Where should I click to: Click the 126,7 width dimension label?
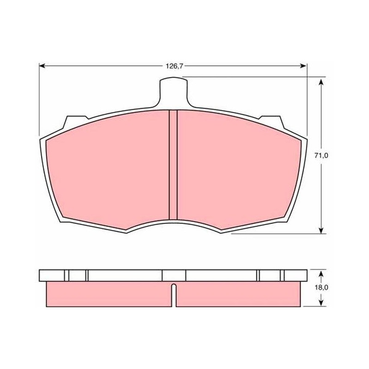point(174,66)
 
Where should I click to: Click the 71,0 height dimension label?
point(321,155)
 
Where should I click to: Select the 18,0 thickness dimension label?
point(321,287)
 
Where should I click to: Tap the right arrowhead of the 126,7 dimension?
point(304,66)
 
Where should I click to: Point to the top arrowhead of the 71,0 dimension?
point(321,82)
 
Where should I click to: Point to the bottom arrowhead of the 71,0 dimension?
point(321,230)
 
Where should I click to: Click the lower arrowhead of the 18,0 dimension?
point(321,303)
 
